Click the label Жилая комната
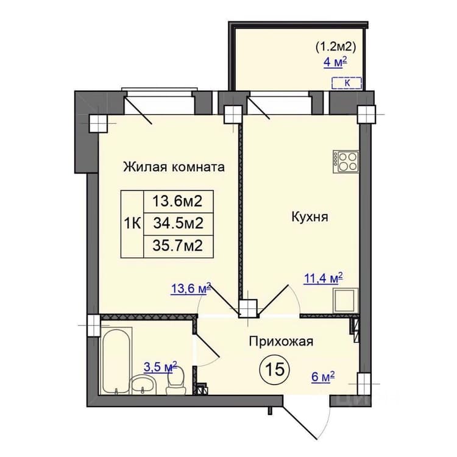click(174, 168)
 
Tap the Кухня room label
click(310, 217)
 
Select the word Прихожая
click(281, 342)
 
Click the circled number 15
click(275, 370)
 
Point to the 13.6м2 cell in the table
click(178, 202)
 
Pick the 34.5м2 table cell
click(178, 224)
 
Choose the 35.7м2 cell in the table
click(178, 246)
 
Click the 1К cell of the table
click(133, 224)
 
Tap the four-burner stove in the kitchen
click(346, 161)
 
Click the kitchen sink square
click(345, 301)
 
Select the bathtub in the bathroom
click(116, 361)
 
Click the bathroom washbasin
click(143, 384)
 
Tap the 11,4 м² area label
click(323, 278)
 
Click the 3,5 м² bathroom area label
click(161, 367)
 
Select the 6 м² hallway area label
click(323, 378)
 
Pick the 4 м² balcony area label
click(336, 62)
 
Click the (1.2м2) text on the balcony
click(336, 47)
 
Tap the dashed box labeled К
click(347, 83)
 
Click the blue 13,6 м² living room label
click(191, 289)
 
